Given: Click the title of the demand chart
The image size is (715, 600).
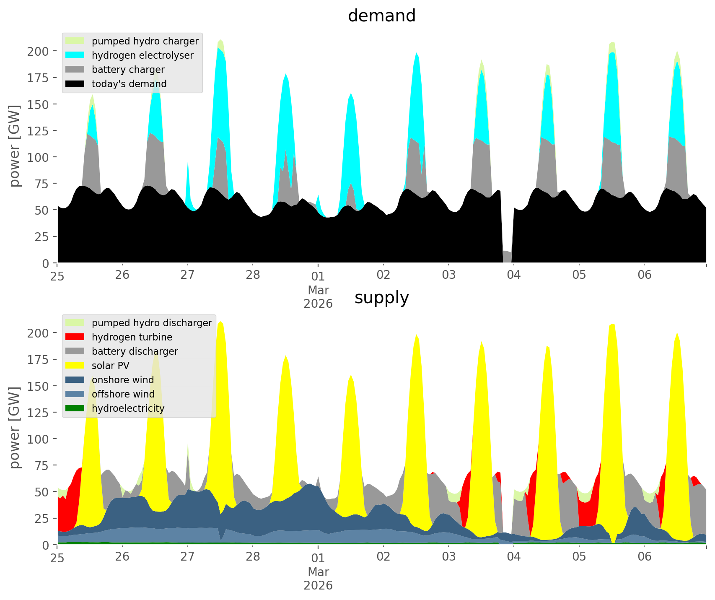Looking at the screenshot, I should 381,16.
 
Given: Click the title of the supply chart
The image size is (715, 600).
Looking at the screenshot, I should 381,298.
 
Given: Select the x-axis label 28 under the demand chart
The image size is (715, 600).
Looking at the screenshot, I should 253,275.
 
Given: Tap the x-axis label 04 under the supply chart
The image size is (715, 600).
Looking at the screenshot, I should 514,557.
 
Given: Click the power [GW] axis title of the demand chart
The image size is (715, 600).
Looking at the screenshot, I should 15,146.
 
